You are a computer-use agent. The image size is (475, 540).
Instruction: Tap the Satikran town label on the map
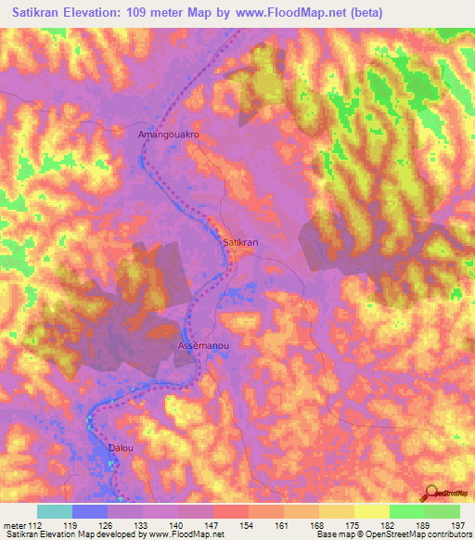coord(240,241)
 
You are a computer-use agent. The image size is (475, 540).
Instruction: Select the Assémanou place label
coord(203,345)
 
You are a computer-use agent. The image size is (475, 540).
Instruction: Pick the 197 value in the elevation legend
coord(458,524)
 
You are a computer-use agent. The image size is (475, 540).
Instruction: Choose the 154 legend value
coord(248,524)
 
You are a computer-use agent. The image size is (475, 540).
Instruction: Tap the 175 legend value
coord(353,524)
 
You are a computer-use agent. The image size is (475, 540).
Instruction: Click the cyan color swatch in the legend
coord(55,511)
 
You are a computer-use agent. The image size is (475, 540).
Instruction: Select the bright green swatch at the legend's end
coord(443,511)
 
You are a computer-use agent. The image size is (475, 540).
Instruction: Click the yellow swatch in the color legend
coord(372,511)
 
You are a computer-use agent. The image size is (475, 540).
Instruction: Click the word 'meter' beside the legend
coord(15,524)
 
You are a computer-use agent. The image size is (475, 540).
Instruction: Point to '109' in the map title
coord(159,14)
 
